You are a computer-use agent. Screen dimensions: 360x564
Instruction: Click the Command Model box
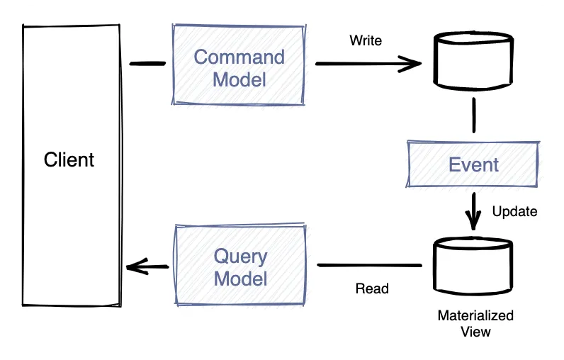coord(239,65)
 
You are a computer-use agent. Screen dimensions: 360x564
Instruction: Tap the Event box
coord(473,164)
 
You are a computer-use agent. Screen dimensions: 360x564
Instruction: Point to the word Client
coord(69,159)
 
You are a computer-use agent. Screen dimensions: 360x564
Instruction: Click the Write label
coord(366,40)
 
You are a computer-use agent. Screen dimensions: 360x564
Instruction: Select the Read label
coord(372,288)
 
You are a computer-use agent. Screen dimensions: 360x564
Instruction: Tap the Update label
coord(514,211)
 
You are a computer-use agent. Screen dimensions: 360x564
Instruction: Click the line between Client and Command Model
coord(147,64)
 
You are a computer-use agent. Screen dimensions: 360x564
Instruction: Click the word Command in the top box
coord(239,56)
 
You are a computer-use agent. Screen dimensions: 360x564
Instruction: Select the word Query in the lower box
coord(241,257)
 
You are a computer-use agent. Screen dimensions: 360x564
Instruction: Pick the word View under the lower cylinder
coord(475,331)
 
